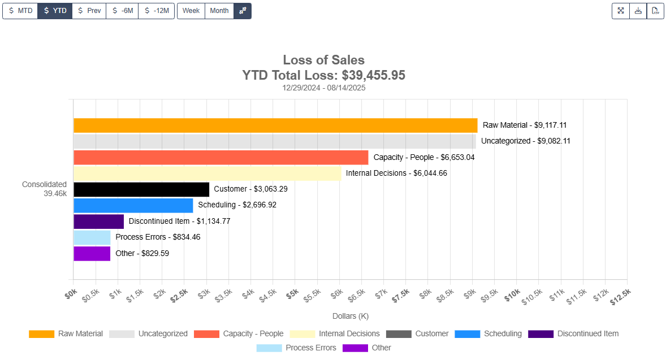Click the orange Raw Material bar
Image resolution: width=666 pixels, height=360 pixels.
click(x=275, y=125)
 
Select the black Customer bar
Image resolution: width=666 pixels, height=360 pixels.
click(x=141, y=189)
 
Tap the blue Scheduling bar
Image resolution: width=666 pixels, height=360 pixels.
click(x=133, y=205)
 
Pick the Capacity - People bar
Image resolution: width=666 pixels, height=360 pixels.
click(x=220, y=158)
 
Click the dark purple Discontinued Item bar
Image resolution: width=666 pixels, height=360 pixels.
click(x=98, y=222)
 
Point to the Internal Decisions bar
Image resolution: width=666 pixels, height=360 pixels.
click(x=207, y=174)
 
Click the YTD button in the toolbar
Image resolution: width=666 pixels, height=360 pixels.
click(x=55, y=11)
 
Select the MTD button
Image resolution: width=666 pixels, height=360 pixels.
click(x=20, y=11)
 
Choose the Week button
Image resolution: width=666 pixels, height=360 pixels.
click(x=191, y=11)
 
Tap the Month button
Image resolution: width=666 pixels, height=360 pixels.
click(x=219, y=11)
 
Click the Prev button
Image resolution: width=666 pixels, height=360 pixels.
click(x=89, y=11)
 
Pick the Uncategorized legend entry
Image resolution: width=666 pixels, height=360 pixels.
click(x=148, y=334)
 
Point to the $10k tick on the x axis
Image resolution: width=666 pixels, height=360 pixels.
click(x=512, y=294)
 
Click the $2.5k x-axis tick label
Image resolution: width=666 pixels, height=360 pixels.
click(x=179, y=294)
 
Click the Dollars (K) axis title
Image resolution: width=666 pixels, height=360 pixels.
click(x=350, y=316)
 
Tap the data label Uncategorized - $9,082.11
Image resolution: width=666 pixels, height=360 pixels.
click(x=525, y=141)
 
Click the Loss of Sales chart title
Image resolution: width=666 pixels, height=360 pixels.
click(x=323, y=60)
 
